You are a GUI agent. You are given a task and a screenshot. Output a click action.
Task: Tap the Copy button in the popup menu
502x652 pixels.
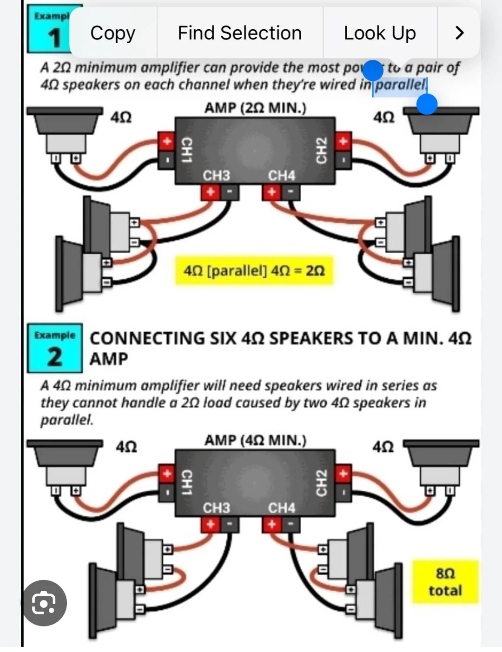[113, 33]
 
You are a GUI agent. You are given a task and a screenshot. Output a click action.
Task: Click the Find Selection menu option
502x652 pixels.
[239, 33]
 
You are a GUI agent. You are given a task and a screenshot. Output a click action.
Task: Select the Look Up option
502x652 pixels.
[380, 33]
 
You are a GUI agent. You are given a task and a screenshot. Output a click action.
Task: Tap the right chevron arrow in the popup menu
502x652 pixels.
[459, 33]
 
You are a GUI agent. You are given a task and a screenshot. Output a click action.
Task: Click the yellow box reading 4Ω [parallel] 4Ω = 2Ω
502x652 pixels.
[254, 270]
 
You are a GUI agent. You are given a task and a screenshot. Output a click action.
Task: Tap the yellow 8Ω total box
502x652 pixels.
[445, 582]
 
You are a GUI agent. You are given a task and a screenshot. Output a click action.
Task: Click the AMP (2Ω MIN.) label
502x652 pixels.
[255, 108]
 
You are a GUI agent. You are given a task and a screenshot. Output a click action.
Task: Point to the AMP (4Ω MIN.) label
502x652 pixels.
[255, 440]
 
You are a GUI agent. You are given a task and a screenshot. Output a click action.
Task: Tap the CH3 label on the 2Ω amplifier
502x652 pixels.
[216, 176]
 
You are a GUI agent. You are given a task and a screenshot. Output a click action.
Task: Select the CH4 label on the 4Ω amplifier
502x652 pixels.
[281, 508]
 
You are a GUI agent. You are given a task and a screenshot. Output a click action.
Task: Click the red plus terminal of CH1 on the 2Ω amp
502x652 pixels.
[166, 141]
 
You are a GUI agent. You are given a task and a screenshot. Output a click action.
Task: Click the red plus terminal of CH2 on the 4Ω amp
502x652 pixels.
[343, 474]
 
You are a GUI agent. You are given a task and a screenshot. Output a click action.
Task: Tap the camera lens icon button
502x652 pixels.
[44, 603]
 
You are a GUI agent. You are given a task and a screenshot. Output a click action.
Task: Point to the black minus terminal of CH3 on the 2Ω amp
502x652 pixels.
[230, 192]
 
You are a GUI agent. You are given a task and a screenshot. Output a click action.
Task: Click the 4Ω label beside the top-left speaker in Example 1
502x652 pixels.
[121, 117]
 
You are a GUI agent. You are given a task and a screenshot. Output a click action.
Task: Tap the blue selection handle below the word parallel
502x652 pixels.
[427, 104]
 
